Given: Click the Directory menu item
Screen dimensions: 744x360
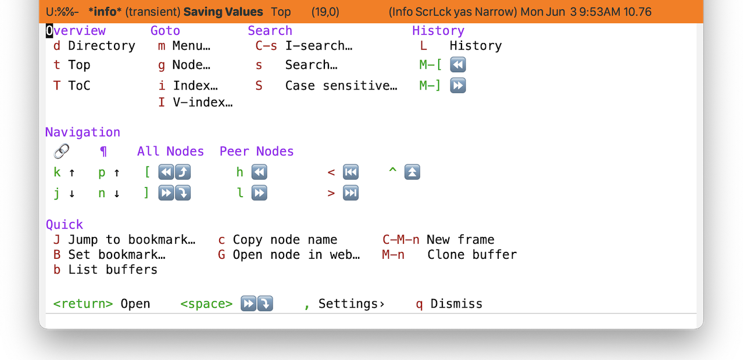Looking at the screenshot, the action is pyautogui.click(x=101, y=45).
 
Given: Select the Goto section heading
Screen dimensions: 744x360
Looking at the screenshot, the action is pyautogui.click(x=165, y=31).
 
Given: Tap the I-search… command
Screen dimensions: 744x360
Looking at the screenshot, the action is pyautogui.click(x=319, y=45).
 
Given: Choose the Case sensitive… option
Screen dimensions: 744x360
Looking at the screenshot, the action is pyautogui.click(x=341, y=85).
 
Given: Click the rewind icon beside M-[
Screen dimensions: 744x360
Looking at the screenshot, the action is pyautogui.click(x=457, y=65).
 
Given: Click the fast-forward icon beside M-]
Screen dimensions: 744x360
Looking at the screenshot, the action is pyautogui.click(x=457, y=85).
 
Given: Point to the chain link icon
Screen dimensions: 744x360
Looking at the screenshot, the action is pyautogui.click(x=62, y=151).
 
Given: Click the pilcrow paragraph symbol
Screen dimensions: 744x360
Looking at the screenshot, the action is pyautogui.click(x=103, y=152).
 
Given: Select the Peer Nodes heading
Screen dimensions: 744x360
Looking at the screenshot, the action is pyautogui.click(x=256, y=151).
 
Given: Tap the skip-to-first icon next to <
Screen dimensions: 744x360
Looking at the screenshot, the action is pyautogui.click(x=350, y=172).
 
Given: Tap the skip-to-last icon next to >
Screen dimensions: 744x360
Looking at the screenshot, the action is pyautogui.click(x=350, y=193).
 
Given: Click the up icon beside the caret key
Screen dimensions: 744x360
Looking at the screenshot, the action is pyautogui.click(x=412, y=172).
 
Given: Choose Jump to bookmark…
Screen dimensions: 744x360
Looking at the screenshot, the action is pyautogui.click(x=132, y=240).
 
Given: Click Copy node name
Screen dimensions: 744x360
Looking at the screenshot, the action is pyautogui.click(x=285, y=240).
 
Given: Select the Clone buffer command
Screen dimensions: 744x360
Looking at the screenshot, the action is pyautogui.click(x=472, y=255).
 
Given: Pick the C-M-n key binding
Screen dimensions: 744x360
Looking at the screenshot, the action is pyautogui.click(x=401, y=240).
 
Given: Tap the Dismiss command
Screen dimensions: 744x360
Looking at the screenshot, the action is pyautogui.click(x=456, y=304).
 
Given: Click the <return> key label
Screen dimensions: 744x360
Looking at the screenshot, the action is pyautogui.click(x=83, y=304).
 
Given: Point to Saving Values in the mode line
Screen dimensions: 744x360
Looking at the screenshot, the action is pyautogui.click(x=223, y=12).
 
